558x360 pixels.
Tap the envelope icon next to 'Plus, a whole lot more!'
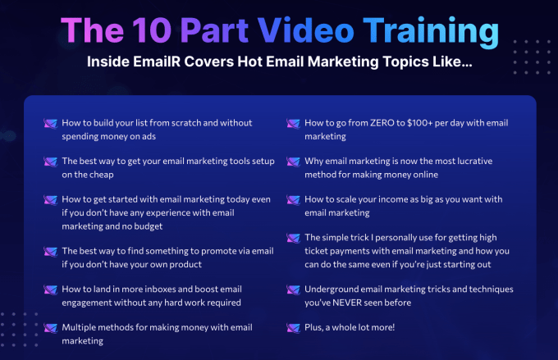[x=294, y=327]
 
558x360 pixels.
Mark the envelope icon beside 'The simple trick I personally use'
[x=294, y=238]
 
